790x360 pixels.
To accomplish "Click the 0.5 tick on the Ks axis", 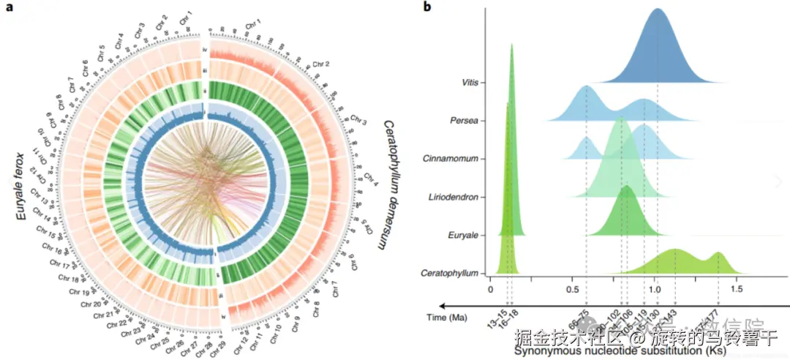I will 573,289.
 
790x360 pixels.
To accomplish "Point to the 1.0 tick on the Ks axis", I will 656,289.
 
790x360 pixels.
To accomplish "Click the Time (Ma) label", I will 447,318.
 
